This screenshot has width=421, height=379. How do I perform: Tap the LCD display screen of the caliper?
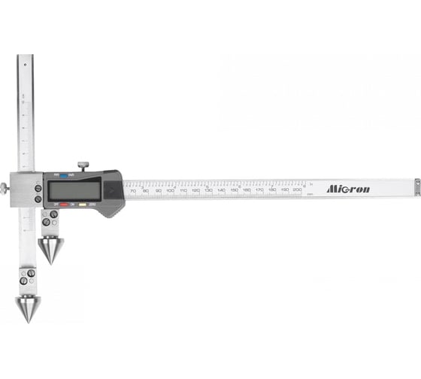(71, 191)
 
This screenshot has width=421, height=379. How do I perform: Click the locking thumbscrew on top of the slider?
(83, 164)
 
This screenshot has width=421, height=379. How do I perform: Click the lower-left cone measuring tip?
(28, 308)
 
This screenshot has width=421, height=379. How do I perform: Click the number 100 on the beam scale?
(171, 192)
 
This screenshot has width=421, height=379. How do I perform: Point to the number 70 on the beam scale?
(133, 192)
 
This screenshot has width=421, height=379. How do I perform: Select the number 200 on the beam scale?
(297, 191)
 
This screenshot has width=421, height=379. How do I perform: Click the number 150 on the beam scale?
(234, 192)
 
